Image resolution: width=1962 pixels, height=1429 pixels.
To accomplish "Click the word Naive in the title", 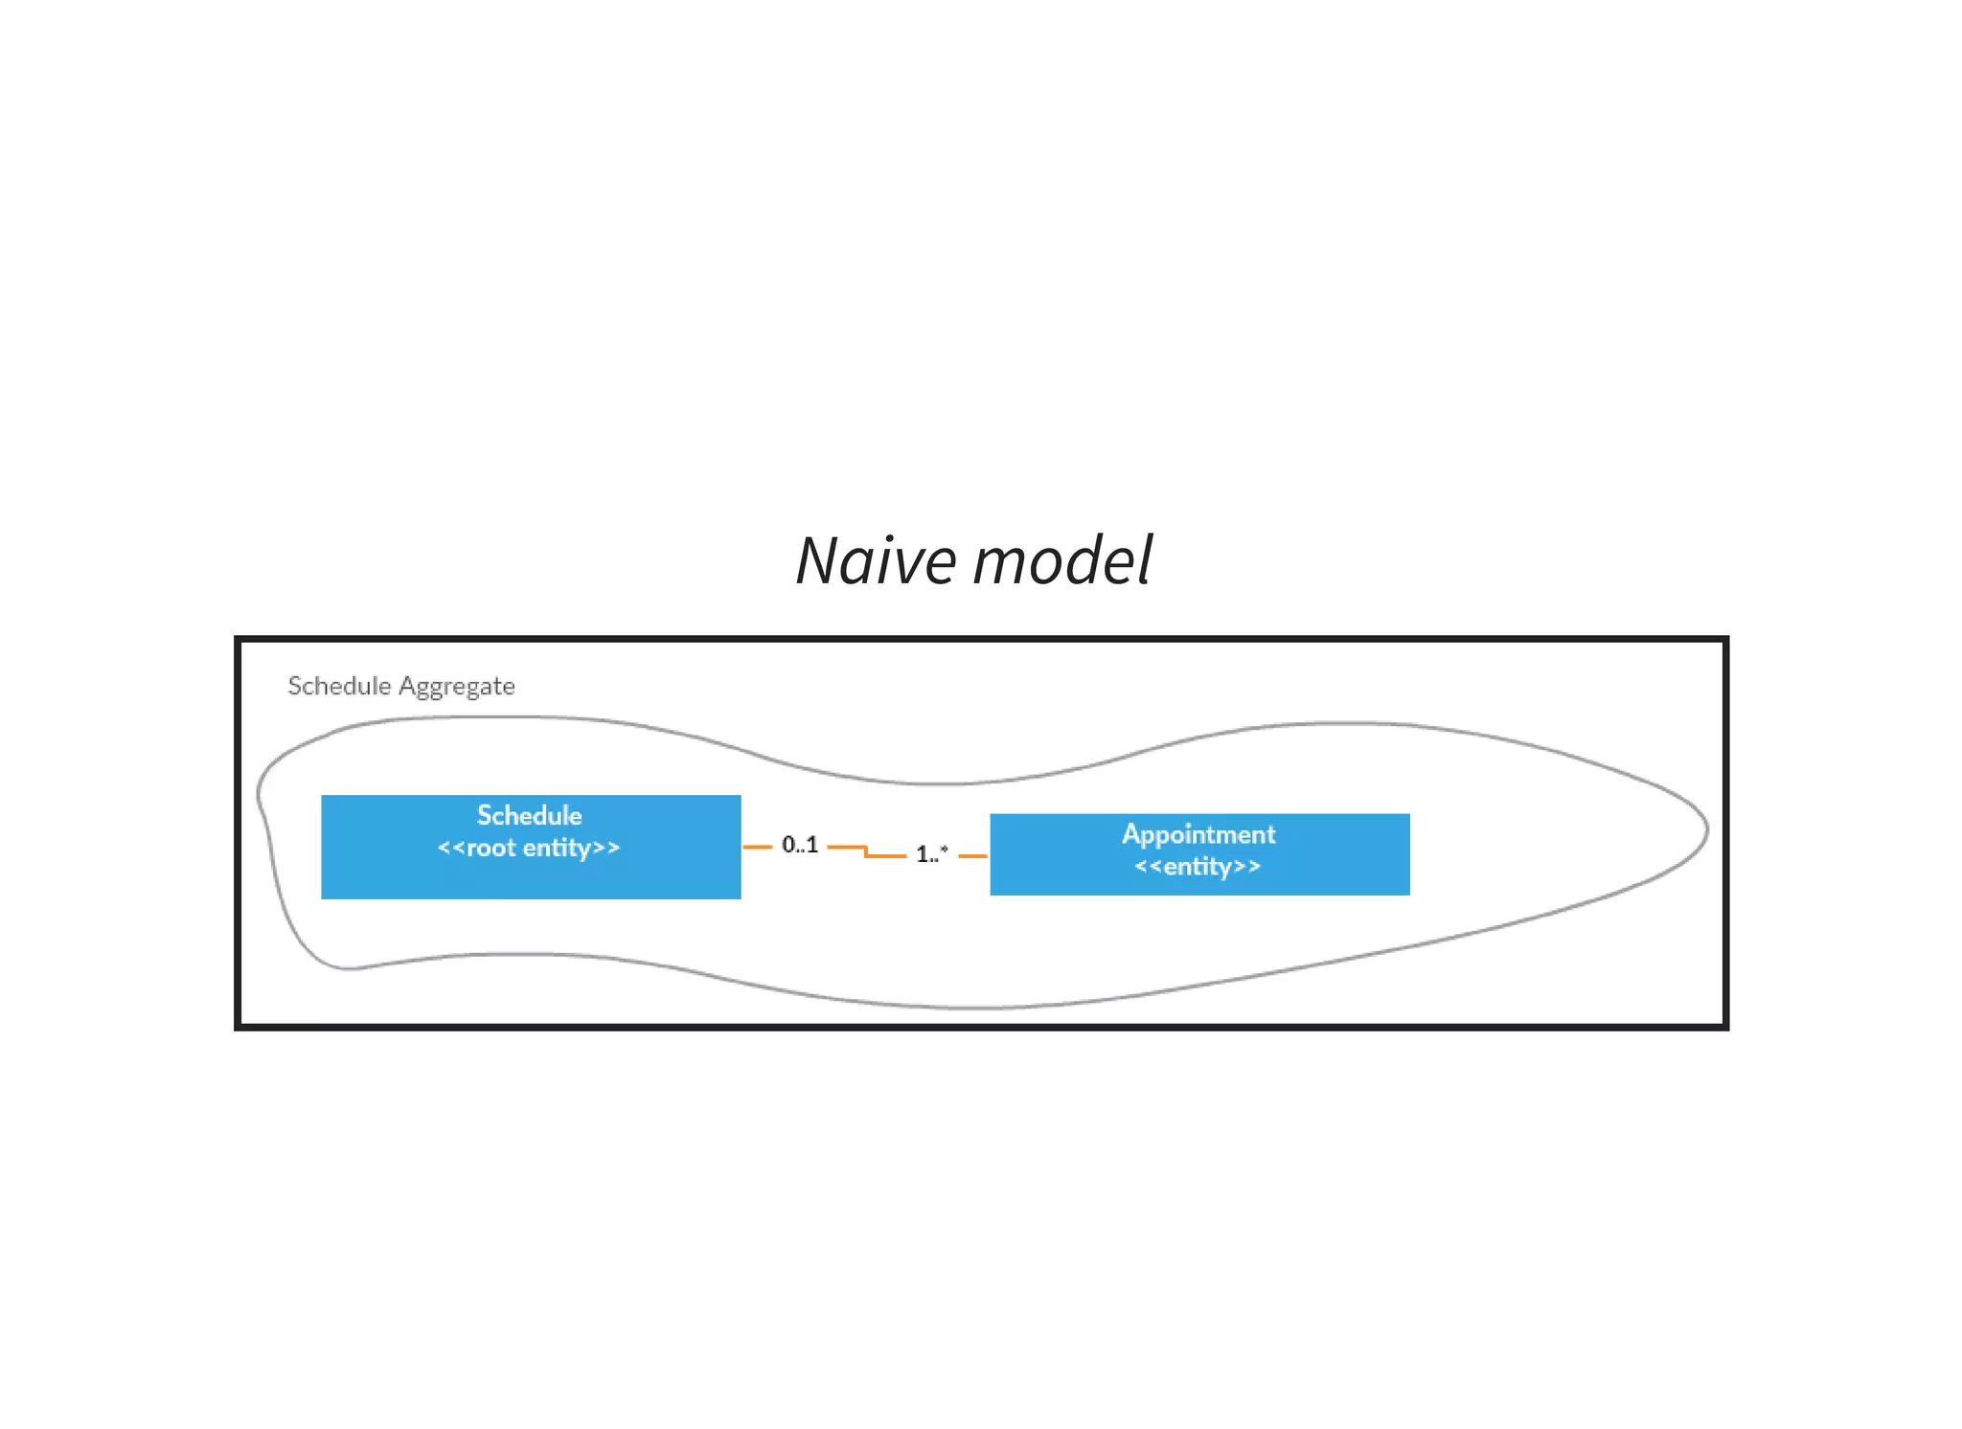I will [876, 561].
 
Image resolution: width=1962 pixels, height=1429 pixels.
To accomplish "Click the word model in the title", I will [1062, 561].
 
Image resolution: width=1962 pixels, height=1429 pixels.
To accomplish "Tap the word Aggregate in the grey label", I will [456, 687].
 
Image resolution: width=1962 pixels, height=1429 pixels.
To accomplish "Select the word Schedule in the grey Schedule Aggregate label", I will [339, 687].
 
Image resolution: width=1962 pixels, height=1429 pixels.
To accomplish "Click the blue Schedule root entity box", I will [530, 876].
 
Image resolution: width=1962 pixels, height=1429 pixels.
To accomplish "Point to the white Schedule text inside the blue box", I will [529, 816].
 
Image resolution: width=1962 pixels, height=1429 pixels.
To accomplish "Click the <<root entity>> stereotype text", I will [529, 849].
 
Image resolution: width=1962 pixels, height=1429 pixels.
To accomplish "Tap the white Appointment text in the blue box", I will [1198, 834].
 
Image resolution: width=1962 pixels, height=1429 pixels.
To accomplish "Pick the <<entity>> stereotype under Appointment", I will [1198, 867].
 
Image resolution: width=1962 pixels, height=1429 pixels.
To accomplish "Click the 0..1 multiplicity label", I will [799, 845].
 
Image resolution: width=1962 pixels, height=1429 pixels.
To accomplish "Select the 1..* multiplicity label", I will [931, 853].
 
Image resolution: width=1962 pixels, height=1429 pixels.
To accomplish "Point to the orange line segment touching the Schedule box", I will [757, 847].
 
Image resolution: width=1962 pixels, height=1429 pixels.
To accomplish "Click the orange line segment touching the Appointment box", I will [972, 855].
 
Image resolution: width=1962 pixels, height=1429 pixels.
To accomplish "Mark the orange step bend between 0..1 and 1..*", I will [866, 851].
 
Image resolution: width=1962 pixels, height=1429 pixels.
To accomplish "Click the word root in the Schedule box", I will [490, 849].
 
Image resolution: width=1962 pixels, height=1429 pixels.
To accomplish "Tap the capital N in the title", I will [820, 561].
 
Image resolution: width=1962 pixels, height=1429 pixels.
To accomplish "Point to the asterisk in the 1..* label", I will [945, 849].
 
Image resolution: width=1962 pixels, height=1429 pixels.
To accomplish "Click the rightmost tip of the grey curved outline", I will [1707, 829].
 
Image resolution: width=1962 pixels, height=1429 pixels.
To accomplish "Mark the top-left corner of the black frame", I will [239, 640].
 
